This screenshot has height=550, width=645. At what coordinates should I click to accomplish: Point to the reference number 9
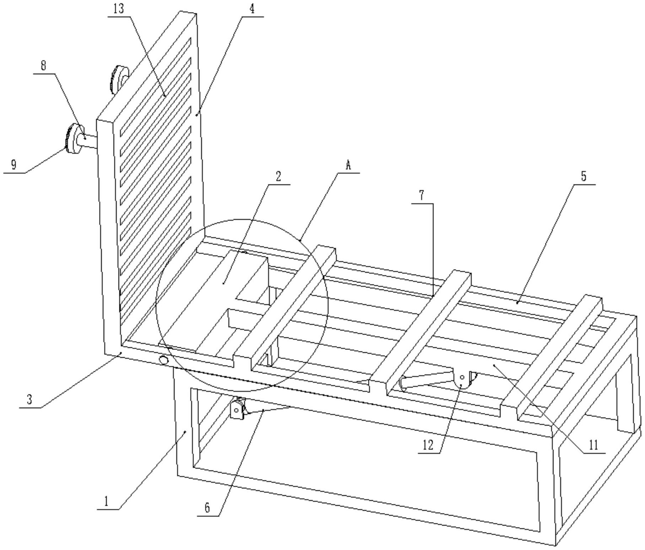14,165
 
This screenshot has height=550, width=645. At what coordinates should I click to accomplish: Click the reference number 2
278,176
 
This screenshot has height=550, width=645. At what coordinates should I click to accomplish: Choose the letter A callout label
348,165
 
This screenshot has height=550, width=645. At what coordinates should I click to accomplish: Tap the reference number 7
422,196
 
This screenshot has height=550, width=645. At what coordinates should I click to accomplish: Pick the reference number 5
584,176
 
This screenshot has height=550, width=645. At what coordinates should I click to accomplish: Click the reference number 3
30,400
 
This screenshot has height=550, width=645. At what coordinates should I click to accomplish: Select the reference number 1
106,502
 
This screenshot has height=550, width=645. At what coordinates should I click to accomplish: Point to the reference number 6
207,508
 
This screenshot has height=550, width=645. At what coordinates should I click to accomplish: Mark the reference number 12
428,445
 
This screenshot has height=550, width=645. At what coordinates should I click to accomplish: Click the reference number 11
593,445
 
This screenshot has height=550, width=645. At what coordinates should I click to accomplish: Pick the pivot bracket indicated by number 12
464,380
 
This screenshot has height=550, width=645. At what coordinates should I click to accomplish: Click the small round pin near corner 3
164,361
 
